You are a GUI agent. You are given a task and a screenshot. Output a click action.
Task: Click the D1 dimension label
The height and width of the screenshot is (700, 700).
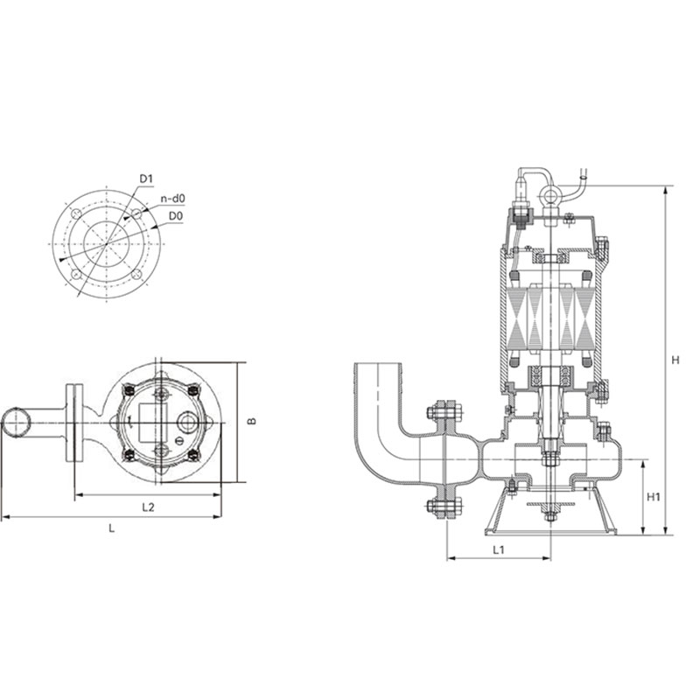146,178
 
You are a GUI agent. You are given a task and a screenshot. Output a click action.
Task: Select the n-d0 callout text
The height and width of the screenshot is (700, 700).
172,199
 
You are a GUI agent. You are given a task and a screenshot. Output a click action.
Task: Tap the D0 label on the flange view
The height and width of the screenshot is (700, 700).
176,216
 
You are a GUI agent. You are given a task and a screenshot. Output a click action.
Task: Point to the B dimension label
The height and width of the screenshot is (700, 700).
253,421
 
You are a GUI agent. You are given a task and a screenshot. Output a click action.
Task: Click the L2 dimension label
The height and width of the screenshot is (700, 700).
148,507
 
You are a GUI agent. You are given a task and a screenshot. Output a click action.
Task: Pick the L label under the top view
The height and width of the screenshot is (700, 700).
112,528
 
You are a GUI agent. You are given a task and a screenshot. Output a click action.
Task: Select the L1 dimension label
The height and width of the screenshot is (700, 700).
499,549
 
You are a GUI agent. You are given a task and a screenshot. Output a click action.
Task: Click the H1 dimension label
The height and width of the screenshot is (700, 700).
653,496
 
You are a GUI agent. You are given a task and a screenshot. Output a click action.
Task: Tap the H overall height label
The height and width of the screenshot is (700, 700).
675,360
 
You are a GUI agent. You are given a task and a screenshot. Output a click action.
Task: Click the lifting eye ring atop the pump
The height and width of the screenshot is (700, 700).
549,195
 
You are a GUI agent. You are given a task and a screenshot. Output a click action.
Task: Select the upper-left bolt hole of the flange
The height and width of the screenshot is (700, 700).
76,213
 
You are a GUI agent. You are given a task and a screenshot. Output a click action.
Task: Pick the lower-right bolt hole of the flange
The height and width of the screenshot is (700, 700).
137,275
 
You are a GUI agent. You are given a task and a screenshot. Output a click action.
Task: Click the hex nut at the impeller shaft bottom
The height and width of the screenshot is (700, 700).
549,517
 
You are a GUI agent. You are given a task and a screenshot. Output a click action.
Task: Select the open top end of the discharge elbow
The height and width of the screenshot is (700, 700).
378,364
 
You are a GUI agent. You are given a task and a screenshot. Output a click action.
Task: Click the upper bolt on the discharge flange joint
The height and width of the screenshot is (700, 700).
445,411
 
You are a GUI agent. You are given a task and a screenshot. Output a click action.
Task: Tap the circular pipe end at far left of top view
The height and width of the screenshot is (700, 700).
17,423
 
